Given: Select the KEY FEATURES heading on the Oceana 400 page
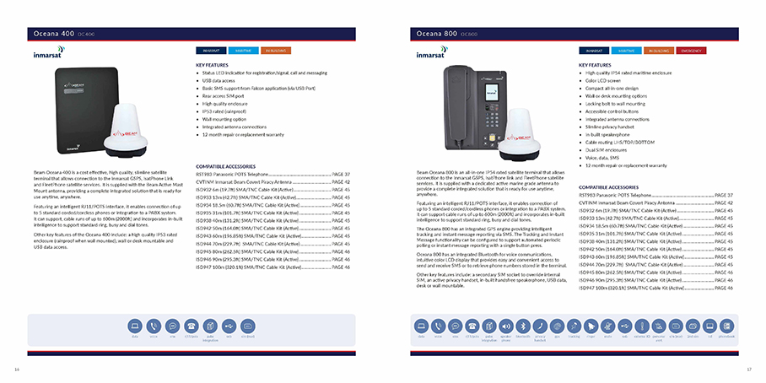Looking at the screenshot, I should point(213,64).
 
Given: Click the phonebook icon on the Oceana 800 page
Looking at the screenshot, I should point(728,326).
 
